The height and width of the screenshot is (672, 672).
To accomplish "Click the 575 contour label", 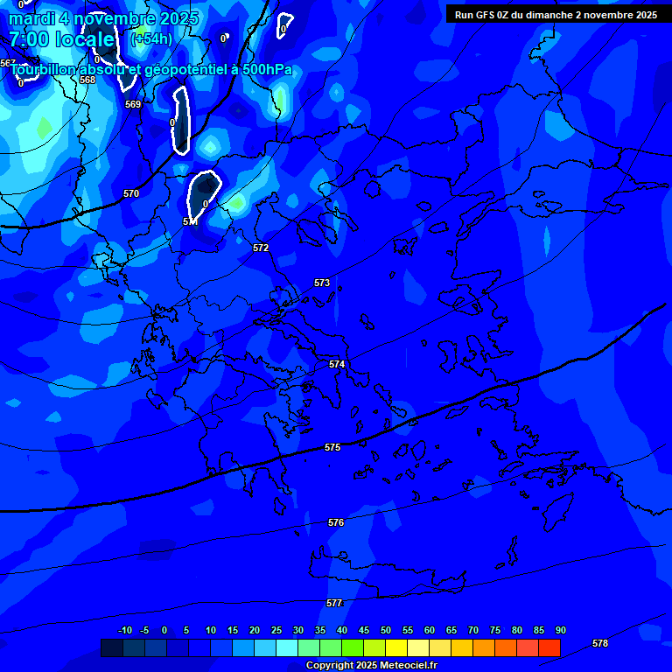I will tap(332, 447).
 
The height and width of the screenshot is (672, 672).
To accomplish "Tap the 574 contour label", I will tap(337, 364).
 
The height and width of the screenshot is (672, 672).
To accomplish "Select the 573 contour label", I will tap(322, 283).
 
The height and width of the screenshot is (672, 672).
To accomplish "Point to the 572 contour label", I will tap(261, 248).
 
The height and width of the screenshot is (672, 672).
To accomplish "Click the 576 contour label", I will tap(336, 522).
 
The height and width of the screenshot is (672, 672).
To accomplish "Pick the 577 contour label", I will tap(333, 603).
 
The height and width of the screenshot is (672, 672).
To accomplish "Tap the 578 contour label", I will tap(600, 643).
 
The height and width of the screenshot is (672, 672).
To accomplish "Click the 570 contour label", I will tap(131, 193).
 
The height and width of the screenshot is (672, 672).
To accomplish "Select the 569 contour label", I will tap(133, 104).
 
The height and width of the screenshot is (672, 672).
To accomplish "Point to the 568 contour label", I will tap(87, 80).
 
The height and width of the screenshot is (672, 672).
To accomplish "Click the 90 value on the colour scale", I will tap(560, 630).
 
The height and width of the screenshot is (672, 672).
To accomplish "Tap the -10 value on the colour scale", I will tap(124, 630).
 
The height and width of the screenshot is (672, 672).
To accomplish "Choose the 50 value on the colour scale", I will tap(386, 630).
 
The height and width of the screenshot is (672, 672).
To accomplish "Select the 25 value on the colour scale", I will tap(276, 630).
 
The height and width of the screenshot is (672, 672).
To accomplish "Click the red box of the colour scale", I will tap(549, 647).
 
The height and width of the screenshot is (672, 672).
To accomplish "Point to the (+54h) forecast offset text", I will tap(151, 39).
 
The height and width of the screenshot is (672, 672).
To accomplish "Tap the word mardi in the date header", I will tap(32, 18).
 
